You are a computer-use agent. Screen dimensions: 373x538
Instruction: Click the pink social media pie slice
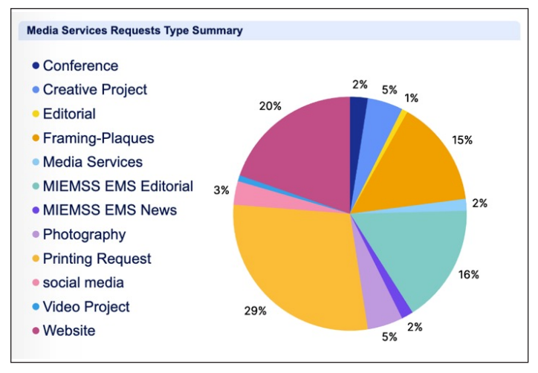click(247, 194)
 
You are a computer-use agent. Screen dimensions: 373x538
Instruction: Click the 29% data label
click(256, 311)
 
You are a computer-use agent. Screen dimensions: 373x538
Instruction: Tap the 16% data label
click(469, 274)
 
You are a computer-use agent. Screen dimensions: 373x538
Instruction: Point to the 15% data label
click(462, 139)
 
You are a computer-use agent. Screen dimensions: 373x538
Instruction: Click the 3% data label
click(221, 190)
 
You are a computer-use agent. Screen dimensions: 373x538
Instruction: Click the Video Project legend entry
click(85, 307)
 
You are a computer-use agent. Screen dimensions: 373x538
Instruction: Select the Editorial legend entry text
click(69, 114)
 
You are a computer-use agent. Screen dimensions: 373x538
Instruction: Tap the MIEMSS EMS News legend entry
click(109, 210)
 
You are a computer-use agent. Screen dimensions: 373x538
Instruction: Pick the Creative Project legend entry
click(94, 90)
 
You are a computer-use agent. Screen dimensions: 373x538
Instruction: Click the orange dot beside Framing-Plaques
click(36, 138)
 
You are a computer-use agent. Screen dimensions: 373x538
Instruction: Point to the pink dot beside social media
click(36, 283)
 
